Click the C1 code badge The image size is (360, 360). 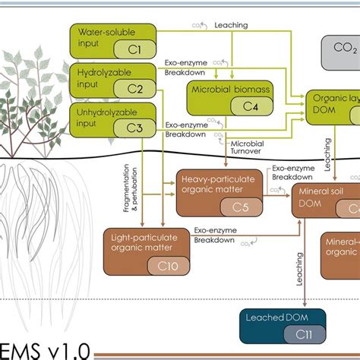(x=134, y=49)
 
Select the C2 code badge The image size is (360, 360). (x=134, y=89)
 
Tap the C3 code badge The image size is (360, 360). (x=134, y=128)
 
